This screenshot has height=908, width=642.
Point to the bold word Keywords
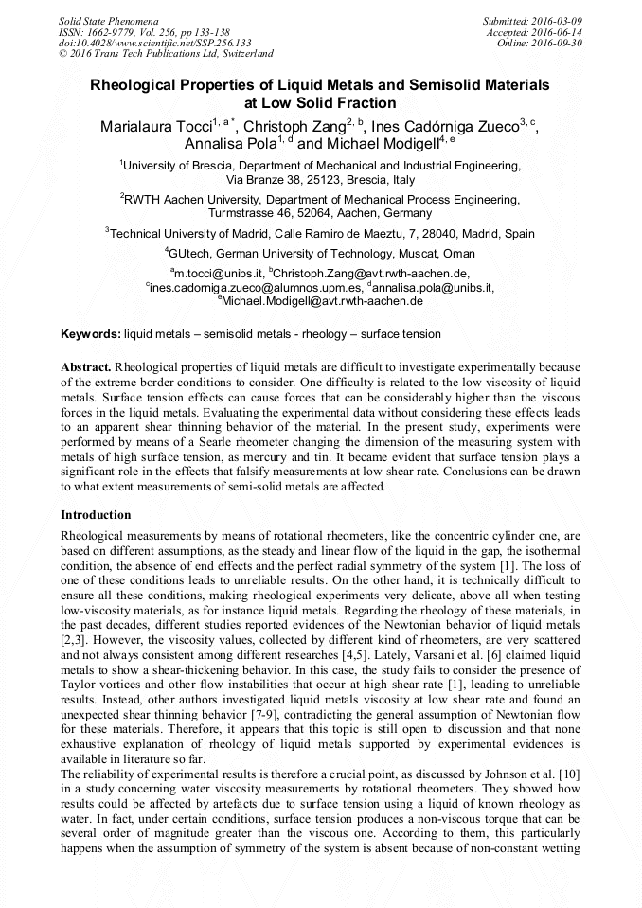(90, 334)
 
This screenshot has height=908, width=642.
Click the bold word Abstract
(86, 366)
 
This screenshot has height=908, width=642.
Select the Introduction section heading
(96, 515)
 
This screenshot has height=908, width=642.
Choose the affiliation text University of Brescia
(177, 165)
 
